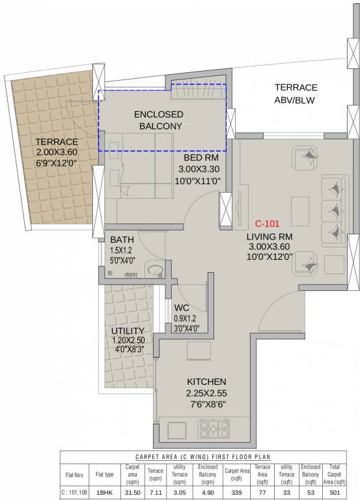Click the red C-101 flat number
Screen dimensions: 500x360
(x=268, y=223)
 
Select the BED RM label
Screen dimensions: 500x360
(x=201, y=158)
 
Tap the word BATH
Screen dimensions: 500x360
(x=122, y=239)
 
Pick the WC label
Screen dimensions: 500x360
(x=181, y=308)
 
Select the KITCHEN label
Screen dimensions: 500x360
(x=206, y=381)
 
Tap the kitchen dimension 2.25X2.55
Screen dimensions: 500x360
(x=206, y=393)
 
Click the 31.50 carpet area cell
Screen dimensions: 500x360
(x=132, y=493)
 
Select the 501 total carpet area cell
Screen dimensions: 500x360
(x=335, y=493)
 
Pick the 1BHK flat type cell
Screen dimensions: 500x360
(x=104, y=493)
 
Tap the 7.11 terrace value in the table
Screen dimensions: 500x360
(x=155, y=493)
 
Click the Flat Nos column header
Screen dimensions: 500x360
(x=75, y=476)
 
